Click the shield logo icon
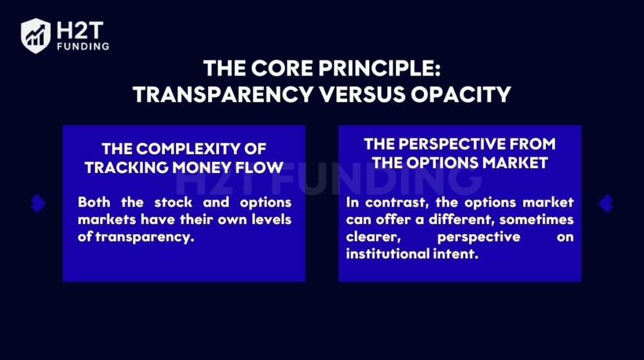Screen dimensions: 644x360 [36, 36]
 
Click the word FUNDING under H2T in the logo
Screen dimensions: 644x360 [83, 47]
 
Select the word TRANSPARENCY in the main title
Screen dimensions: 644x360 [223, 94]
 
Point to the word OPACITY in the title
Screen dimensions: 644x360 [461, 94]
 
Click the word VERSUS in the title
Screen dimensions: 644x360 [363, 94]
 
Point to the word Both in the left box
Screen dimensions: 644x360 [94, 202]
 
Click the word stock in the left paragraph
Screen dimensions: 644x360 [174, 202]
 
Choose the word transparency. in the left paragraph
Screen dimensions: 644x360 [145, 237]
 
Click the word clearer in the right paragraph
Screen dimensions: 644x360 [373, 237]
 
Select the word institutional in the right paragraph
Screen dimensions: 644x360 [387, 254]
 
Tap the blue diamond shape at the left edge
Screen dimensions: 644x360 [38, 203]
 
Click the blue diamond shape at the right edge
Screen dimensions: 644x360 [606, 203]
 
